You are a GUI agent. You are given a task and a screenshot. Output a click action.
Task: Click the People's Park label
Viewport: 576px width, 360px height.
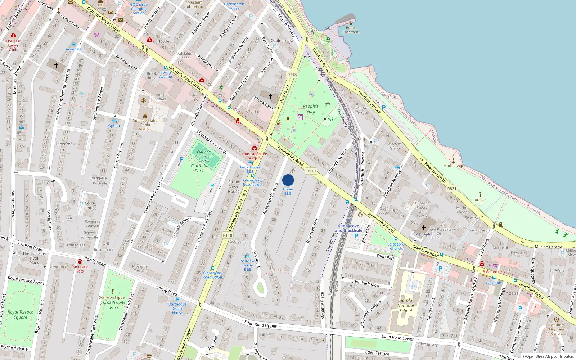coord(311,109)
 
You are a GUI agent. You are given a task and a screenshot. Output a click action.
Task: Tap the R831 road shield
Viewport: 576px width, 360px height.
coord(452,189)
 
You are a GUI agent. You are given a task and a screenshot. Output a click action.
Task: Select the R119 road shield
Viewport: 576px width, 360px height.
coord(311,171)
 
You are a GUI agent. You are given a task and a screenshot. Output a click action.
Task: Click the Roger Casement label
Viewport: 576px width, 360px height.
coord(351,30)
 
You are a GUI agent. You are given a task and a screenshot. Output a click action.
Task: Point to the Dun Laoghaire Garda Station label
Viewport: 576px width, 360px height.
coord(145,125)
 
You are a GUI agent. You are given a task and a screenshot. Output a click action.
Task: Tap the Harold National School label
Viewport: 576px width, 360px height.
coord(406,305)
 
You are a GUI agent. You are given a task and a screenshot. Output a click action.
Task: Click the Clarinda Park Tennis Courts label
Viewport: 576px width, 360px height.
coord(204,156)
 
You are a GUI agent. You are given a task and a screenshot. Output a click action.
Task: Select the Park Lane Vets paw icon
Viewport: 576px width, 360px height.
coord(80,261)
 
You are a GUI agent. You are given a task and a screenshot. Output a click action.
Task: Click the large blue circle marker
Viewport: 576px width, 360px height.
coord(288,180)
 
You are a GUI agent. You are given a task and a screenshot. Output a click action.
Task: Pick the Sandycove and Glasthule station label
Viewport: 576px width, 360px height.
coord(348,228)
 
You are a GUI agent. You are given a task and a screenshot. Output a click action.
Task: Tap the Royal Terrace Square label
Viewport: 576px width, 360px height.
coord(21,315)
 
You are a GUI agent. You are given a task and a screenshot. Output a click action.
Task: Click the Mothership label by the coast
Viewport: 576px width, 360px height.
coord(453,166)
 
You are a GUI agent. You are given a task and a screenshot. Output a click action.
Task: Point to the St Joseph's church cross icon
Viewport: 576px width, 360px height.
coord(424,228)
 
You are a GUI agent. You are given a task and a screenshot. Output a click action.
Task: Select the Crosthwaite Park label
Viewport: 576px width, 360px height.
coord(114,305)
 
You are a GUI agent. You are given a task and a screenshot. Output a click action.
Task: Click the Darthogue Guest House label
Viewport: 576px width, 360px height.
coord(177,309)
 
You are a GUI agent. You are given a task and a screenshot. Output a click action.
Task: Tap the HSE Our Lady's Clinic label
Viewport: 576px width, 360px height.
coord(13,45)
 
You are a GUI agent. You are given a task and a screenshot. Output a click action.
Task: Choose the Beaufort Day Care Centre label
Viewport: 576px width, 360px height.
coord(557,329)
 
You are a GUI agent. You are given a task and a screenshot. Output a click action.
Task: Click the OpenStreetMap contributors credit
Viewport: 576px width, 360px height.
coord(548,357)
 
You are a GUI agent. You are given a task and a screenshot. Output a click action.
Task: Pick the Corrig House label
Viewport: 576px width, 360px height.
coord(90,206)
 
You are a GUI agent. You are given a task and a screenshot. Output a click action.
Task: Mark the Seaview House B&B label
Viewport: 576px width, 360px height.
coord(247,265)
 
